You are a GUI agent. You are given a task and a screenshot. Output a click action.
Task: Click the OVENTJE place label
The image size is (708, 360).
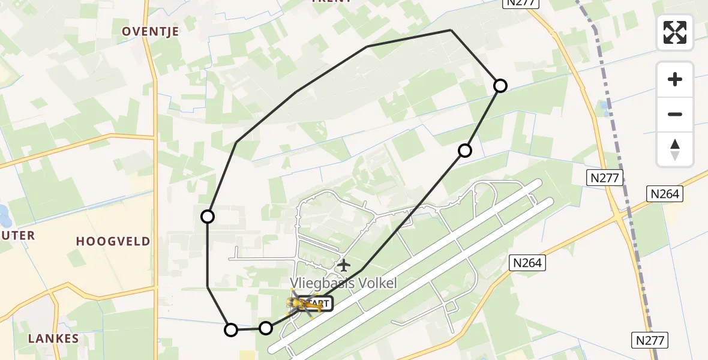(x=151, y=32)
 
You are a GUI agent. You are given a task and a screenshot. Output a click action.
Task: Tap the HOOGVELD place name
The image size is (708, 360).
(x=113, y=241)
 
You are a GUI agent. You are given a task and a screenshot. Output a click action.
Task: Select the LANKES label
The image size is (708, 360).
(x=53, y=338)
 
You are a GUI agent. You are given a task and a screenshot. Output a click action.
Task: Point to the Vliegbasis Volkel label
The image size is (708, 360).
(x=343, y=283)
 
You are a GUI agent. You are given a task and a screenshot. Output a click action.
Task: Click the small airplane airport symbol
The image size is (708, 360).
(x=343, y=265)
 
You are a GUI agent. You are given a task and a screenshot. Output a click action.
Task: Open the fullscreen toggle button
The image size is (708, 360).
(x=675, y=32)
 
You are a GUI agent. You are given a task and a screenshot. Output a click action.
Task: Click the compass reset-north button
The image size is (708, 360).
(x=675, y=149)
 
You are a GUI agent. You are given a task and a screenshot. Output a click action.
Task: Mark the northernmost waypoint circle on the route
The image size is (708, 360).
(x=500, y=86)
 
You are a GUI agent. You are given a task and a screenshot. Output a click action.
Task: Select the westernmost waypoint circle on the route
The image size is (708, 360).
(x=208, y=217)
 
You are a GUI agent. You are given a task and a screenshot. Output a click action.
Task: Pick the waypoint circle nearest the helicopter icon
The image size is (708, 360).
(x=266, y=328)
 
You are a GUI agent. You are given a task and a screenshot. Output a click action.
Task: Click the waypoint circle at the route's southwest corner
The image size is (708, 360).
(x=231, y=329)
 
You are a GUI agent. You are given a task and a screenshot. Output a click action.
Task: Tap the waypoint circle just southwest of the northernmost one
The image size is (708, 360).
(x=465, y=150)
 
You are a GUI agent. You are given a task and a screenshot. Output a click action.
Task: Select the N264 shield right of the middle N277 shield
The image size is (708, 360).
(x=664, y=193)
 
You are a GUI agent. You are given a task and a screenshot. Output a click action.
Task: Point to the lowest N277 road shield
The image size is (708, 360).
(x=650, y=340)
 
